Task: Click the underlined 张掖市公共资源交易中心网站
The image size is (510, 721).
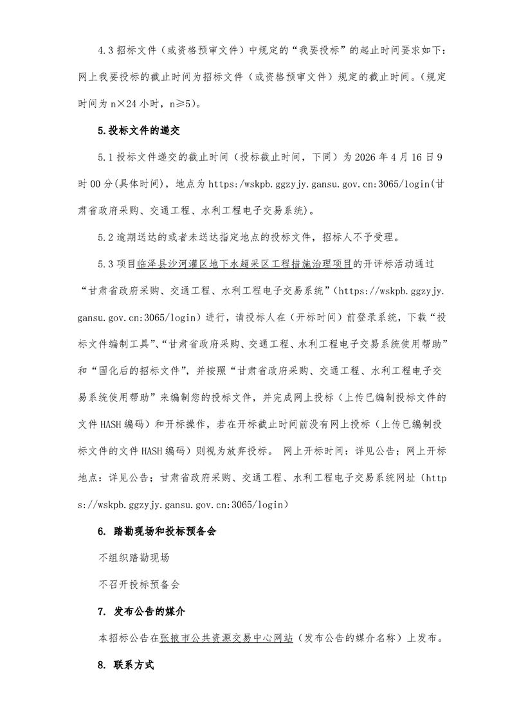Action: click(x=226, y=637)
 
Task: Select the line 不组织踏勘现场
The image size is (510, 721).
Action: click(x=134, y=558)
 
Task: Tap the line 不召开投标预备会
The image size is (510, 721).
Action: click(x=138, y=584)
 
